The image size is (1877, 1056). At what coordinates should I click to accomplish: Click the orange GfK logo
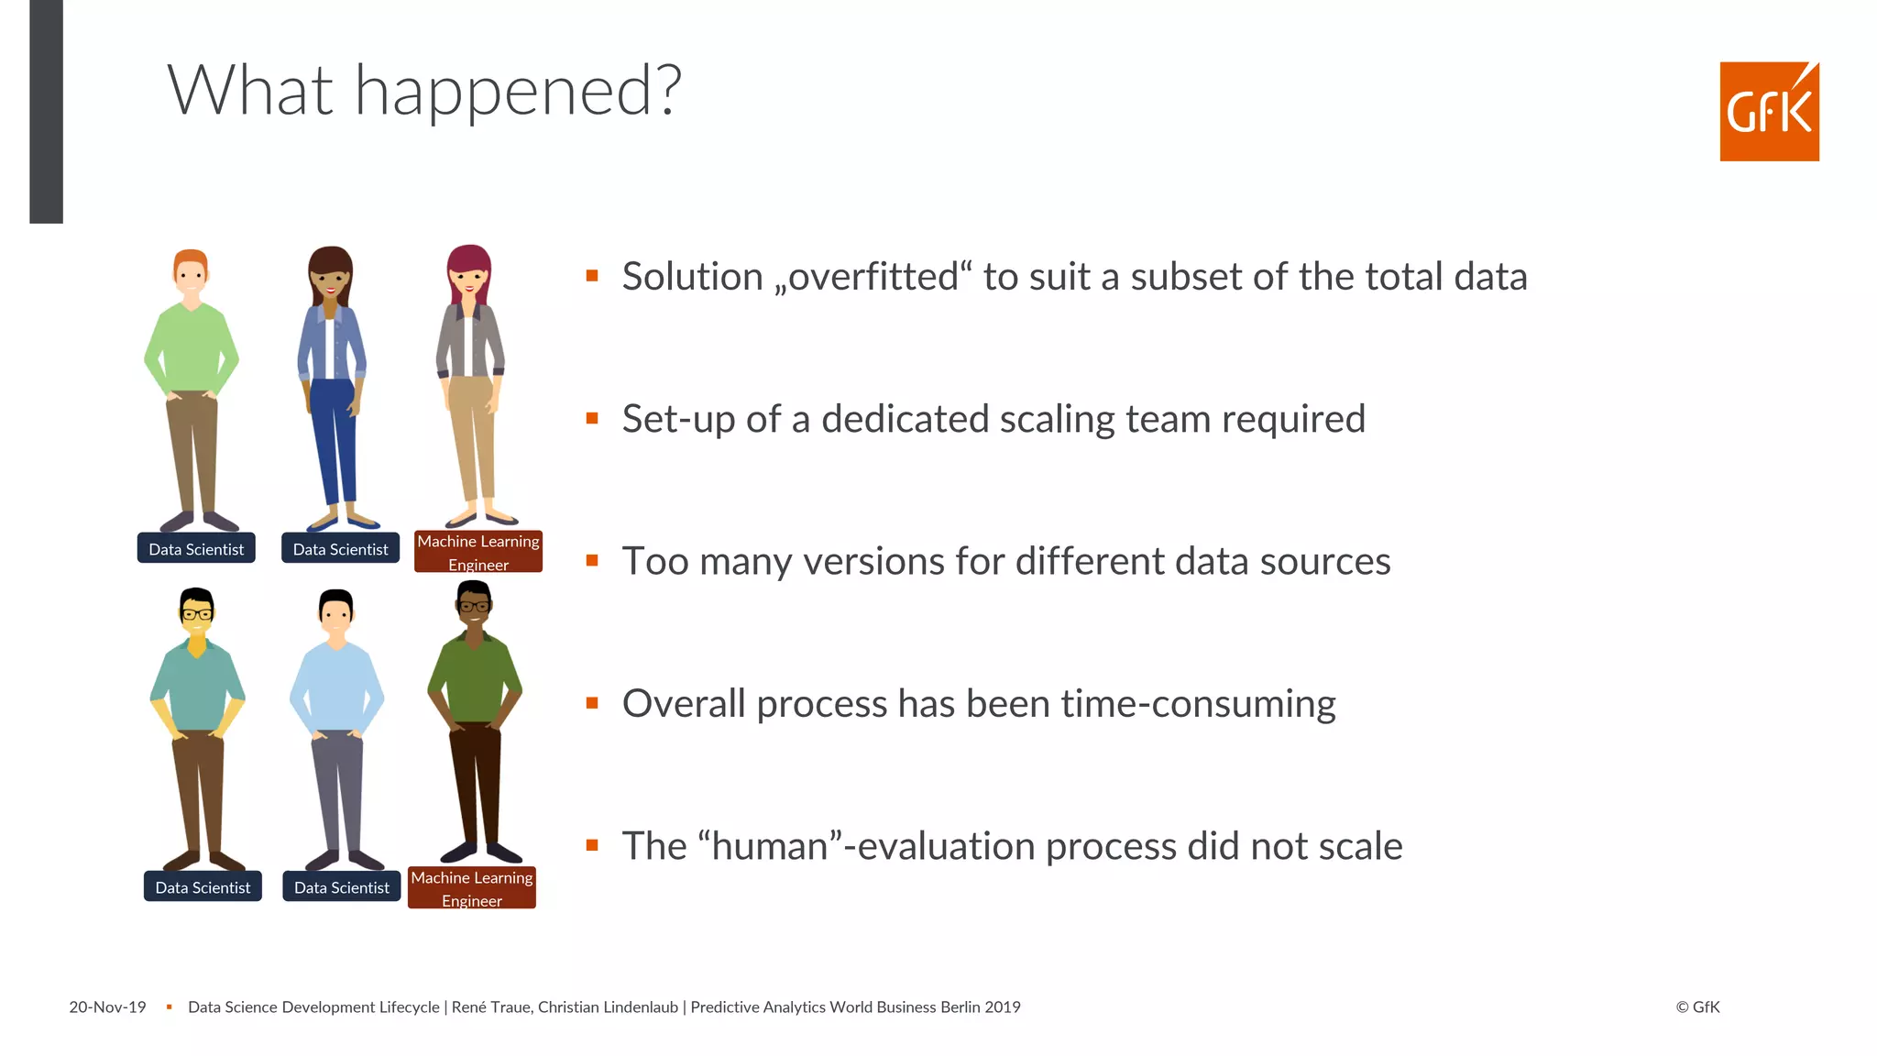click(1769, 112)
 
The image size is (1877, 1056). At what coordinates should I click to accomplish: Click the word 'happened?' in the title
click(518, 92)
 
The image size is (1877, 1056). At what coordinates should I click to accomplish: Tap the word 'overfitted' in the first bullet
click(873, 277)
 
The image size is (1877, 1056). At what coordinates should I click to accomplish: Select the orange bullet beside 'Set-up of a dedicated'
click(592, 419)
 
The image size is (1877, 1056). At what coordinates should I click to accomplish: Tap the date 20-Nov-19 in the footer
click(107, 1007)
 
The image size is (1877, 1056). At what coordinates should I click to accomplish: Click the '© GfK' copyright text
click(1697, 1007)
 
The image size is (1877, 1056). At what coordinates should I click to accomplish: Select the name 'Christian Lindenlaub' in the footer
click(608, 1007)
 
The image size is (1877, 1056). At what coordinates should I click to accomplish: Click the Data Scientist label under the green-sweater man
click(196, 549)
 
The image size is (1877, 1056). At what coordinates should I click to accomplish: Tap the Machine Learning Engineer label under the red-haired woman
click(478, 552)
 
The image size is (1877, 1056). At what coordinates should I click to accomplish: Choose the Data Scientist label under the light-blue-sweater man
click(341, 887)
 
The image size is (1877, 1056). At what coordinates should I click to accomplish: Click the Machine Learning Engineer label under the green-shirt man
click(471, 888)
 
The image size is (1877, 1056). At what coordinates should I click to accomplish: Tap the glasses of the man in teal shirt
click(196, 614)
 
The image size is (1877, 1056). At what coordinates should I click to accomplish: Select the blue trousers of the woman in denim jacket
click(333, 440)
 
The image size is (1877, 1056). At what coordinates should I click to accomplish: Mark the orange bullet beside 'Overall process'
click(592, 704)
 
